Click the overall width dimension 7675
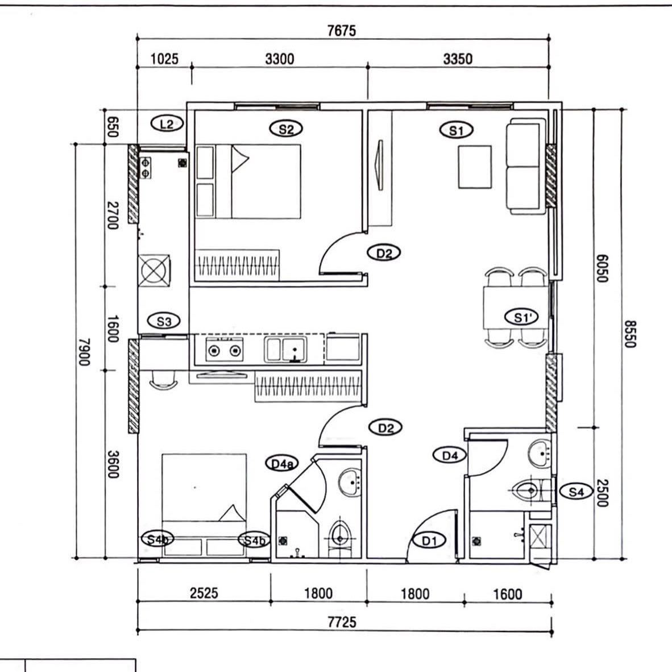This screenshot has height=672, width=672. click(x=342, y=31)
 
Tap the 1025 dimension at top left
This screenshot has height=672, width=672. click(x=164, y=59)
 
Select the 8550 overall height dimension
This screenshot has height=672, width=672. click(x=629, y=334)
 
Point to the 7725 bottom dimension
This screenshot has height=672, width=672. click(x=342, y=622)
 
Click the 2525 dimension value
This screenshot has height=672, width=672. click(x=204, y=593)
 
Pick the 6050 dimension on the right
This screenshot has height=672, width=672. click(x=602, y=268)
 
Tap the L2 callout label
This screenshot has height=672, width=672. click(x=167, y=124)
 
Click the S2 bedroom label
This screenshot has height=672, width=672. click(x=286, y=128)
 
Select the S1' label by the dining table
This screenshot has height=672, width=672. click(x=521, y=317)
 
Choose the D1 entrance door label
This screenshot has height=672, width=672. click(x=429, y=541)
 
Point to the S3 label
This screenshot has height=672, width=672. click(x=164, y=321)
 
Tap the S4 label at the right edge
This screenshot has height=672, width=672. click(x=576, y=491)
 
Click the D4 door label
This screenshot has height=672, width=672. click(x=450, y=455)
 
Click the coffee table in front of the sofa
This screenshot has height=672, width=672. click(x=475, y=167)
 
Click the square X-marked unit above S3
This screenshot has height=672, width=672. click(x=154, y=271)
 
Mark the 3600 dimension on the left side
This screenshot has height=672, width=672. click(x=113, y=464)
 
